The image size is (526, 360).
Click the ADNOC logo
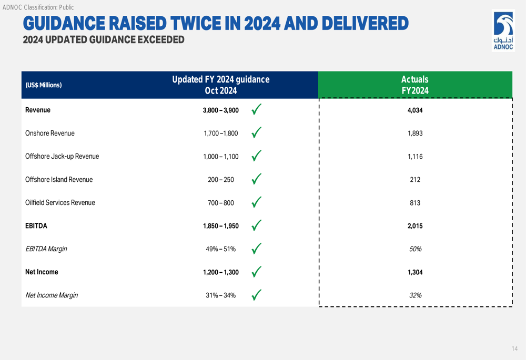(502, 30)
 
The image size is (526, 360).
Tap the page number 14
(514, 349)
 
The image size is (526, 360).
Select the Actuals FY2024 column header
(415, 85)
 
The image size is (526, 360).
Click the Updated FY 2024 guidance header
(221, 85)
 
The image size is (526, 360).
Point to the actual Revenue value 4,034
(415, 110)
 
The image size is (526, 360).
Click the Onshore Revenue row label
(50, 133)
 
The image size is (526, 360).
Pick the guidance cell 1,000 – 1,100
(221, 157)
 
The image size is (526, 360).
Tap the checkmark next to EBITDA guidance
(256, 225)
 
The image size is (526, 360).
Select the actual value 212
(415, 180)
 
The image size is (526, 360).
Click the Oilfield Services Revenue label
(60, 203)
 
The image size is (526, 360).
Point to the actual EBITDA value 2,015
(415, 226)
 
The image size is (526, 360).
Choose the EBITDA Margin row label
(46, 249)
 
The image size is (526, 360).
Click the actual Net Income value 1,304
(415, 272)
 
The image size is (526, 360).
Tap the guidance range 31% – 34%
(221, 295)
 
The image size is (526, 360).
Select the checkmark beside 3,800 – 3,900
(256, 110)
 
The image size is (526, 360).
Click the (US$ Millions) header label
(44, 85)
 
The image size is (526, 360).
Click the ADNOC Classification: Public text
(38, 7)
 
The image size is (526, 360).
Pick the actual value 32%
(415, 295)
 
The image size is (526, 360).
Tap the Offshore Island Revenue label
(59, 180)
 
